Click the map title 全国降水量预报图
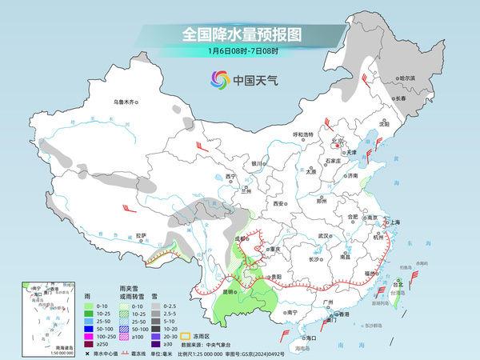point(239,35)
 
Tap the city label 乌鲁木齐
point(125,102)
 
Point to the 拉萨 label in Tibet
point(142,235)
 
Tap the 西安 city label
point(278,204)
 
